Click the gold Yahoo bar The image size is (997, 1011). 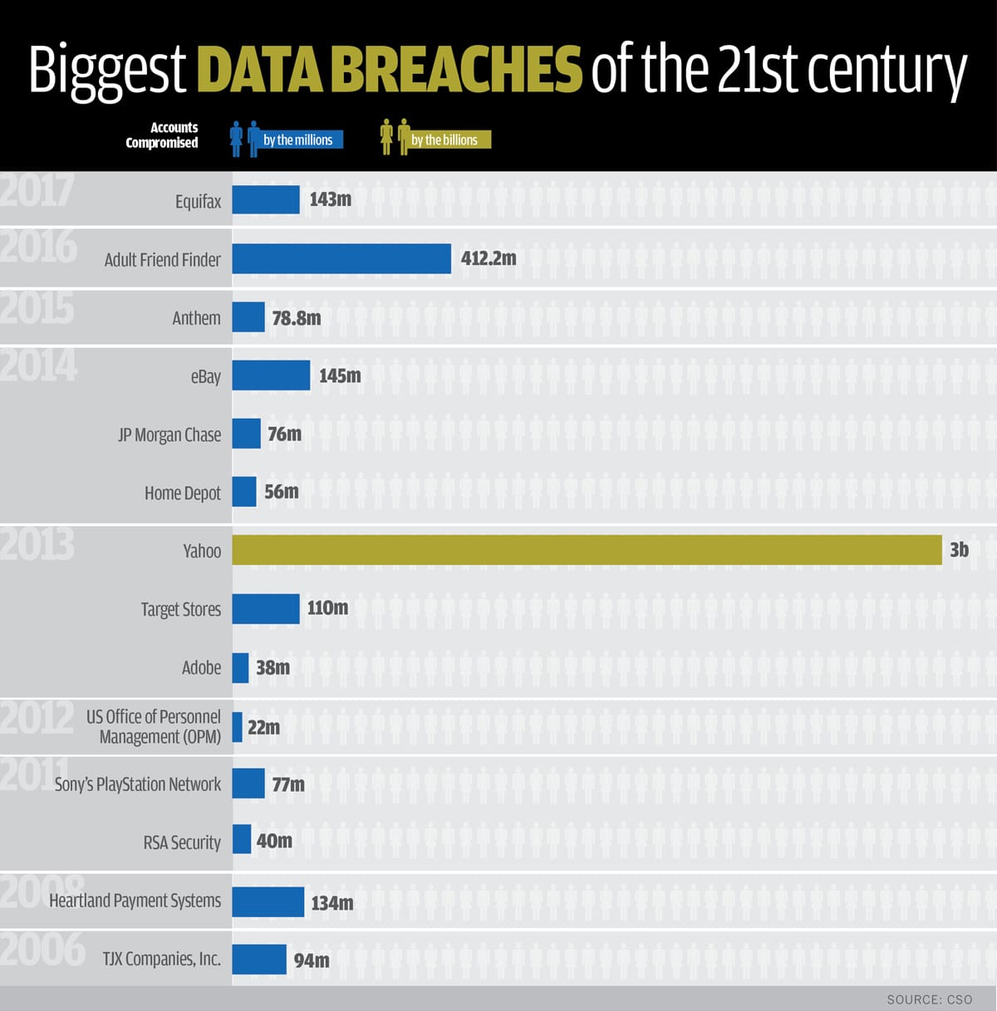(587, 550)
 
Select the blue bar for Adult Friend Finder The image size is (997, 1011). (341, 258)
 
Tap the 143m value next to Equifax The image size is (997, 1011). (331, 199)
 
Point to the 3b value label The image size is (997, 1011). (959, 550)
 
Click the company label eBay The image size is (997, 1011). (206, 376)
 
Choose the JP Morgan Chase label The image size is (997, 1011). (169, 434)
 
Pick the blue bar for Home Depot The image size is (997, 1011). (244, 492)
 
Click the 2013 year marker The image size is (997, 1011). (37, 545)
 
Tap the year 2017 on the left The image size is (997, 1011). (37, 190)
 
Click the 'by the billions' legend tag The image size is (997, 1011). (445, 140)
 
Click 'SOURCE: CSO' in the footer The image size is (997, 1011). (929, 999)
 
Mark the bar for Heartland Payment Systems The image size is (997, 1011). (268, 902)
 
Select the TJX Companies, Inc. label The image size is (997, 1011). (162, 959)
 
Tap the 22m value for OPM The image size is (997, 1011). (263, 727)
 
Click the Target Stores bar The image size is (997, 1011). (265, 609)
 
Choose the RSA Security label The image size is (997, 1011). (182, 842)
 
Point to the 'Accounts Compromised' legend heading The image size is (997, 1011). (162, 135)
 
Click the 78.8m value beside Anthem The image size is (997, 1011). (297, 317)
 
